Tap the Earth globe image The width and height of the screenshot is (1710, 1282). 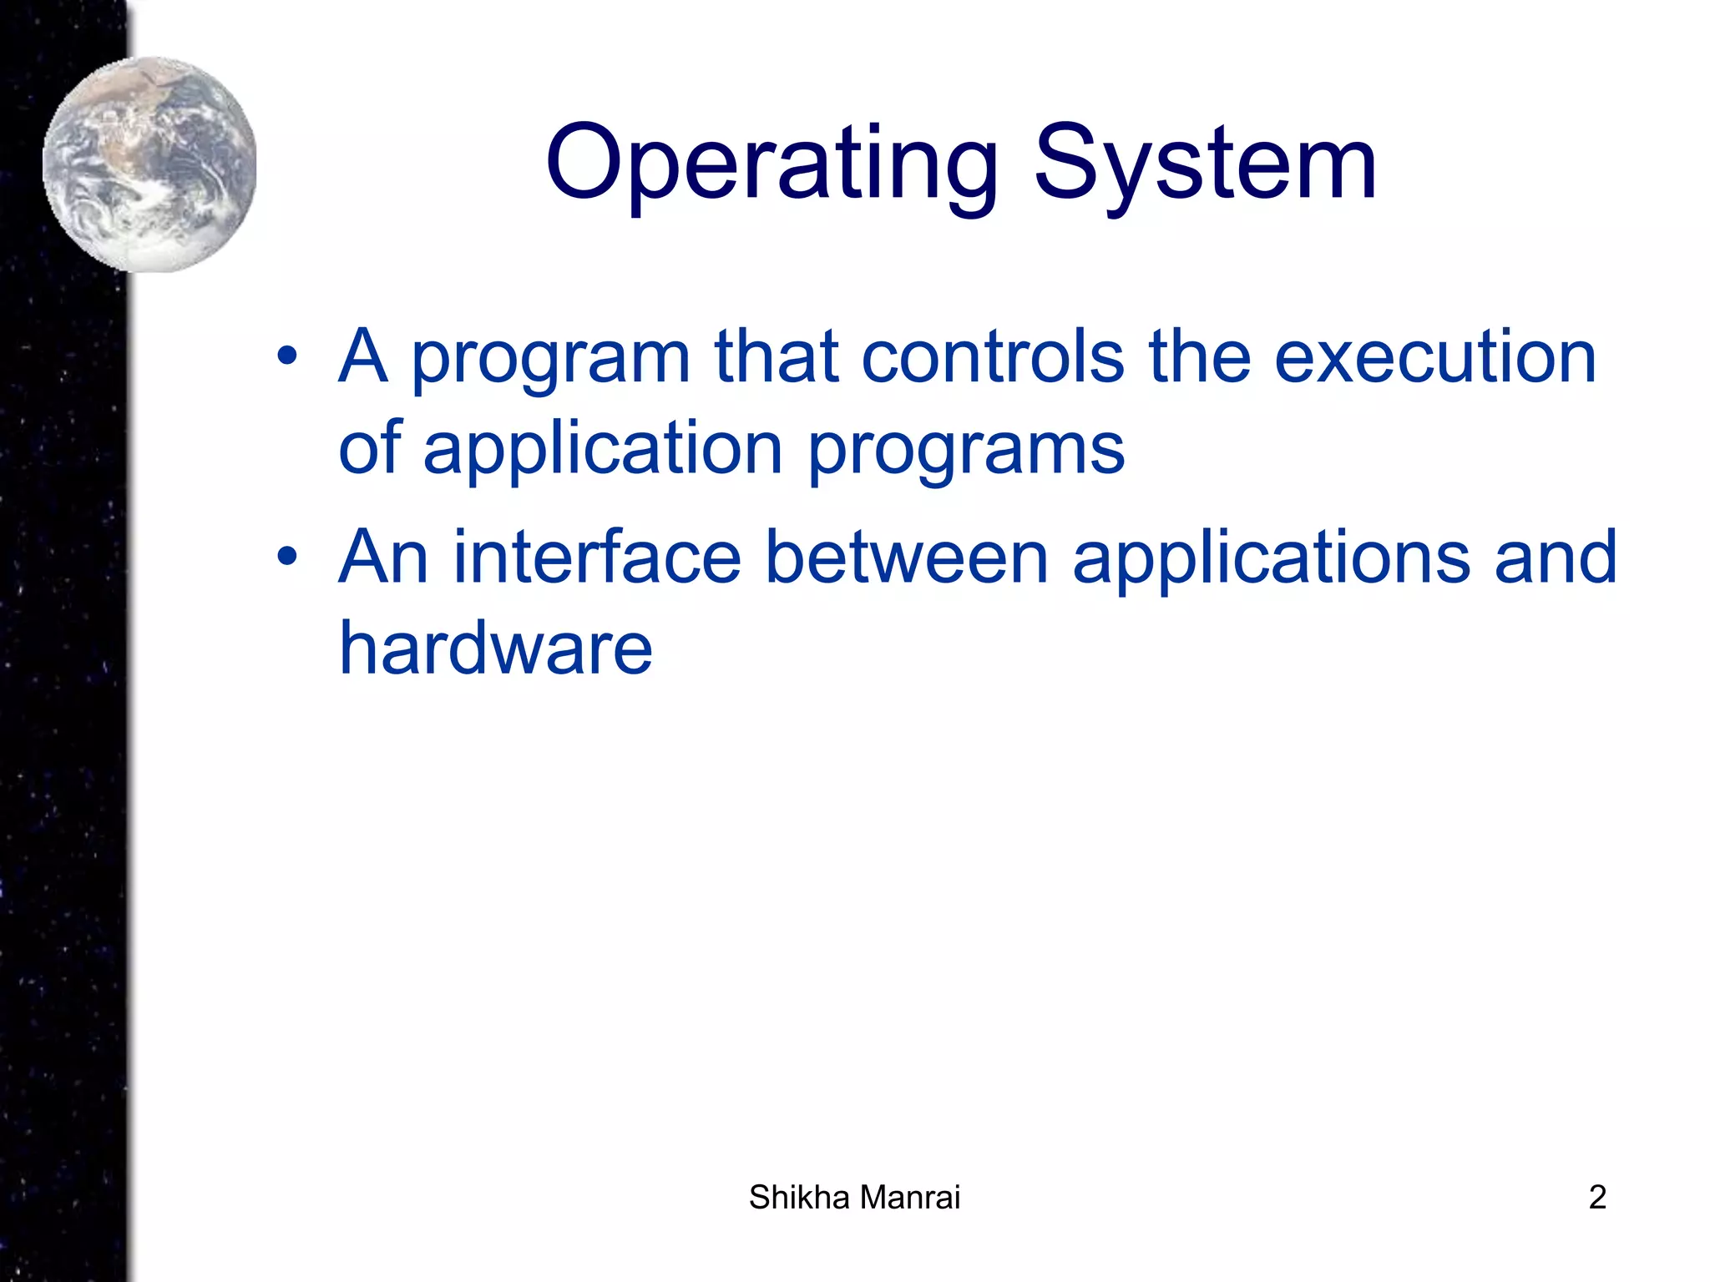150,164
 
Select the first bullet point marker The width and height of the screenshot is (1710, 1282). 287,356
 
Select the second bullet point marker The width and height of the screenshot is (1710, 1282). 287,556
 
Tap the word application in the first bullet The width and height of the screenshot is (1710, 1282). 603,451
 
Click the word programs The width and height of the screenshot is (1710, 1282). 966,451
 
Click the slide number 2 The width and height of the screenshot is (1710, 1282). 1597,1198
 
